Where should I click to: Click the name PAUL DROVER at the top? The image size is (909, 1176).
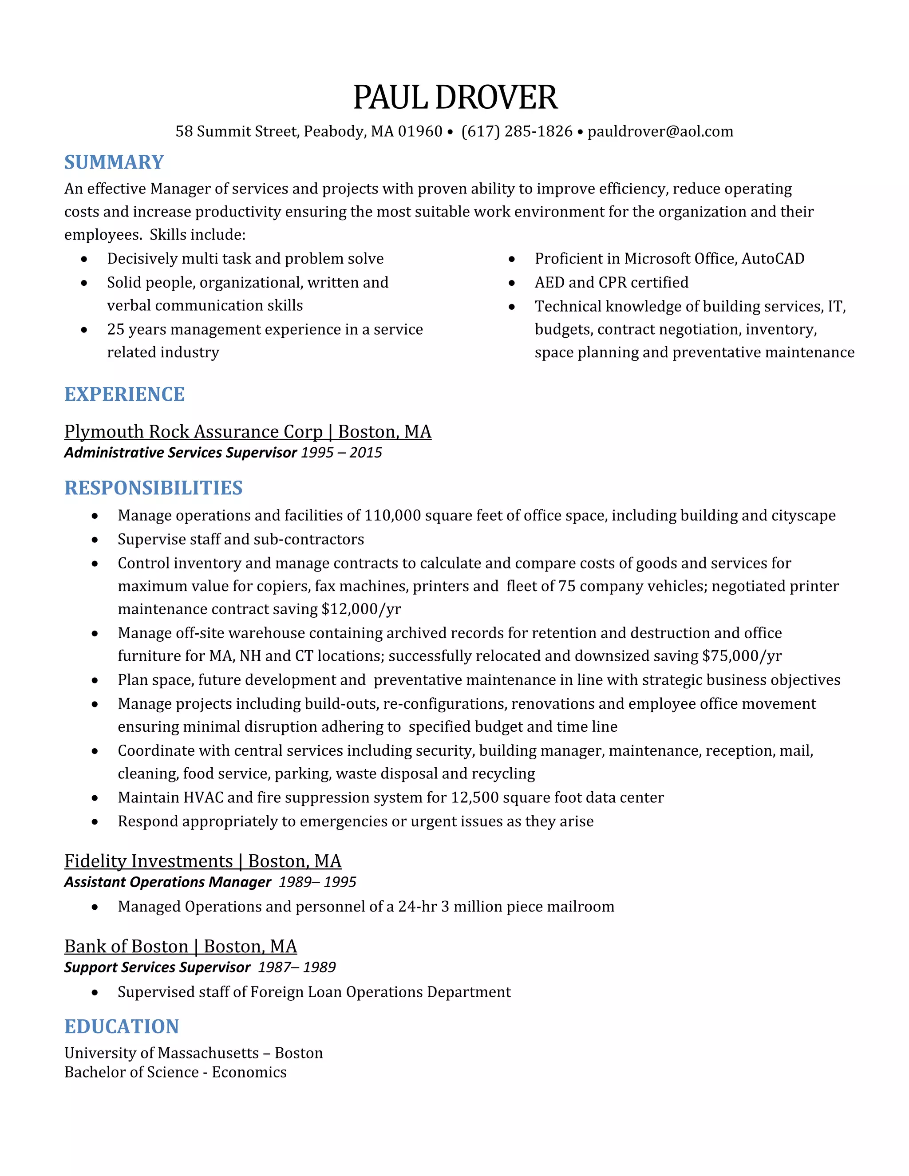[455, 98]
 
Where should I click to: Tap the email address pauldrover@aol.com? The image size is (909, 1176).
[660, 131]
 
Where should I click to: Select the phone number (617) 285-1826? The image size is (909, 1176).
[517, 131]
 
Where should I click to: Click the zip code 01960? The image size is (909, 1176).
[420, 131]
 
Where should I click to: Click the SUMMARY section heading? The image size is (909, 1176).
[114, 162]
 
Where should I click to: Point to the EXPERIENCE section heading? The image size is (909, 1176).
[124, 394]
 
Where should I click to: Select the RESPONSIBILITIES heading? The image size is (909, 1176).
[154, 488]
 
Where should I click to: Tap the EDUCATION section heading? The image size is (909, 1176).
[122, 1026]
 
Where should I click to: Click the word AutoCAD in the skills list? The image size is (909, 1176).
[773, 258]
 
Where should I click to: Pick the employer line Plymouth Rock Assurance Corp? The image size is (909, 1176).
[194, 432]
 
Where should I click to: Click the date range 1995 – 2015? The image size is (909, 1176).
[341, 452]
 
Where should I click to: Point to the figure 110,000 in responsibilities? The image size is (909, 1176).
[392, 515]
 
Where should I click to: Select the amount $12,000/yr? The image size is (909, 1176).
[361, 609]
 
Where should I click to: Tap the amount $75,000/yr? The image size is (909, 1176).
[742, 656]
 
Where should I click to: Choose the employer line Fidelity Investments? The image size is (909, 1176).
[149, 861]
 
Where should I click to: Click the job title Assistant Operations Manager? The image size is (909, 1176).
[167, 882]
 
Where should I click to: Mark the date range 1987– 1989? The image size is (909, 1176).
[297, 967]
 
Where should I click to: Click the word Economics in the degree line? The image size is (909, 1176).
[249, 1072]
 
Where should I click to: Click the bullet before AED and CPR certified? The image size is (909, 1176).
[512, 283]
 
